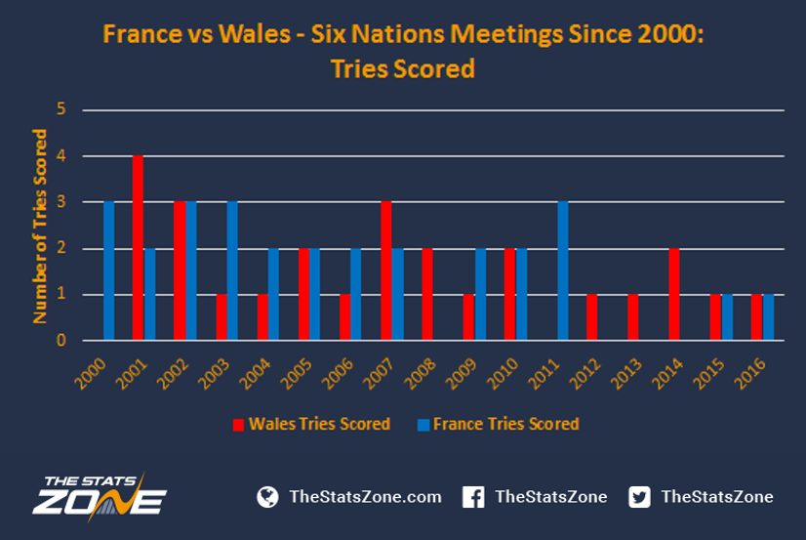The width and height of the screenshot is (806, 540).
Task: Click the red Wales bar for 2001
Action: coord(138,248)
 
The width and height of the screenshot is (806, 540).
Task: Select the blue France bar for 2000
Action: coord(109,271)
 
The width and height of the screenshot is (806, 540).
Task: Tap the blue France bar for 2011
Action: coord(563,271)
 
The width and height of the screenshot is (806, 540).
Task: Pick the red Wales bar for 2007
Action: coord(386,271)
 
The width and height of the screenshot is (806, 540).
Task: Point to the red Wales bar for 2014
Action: coord(674,294)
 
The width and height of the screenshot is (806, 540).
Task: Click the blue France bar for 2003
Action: coord(232,271)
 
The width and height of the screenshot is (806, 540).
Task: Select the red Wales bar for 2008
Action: coord(427,294)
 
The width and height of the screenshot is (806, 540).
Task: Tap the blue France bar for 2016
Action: coord(769,317)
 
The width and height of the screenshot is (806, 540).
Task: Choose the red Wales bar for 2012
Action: coord(591,317)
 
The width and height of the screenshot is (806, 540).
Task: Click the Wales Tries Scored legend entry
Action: coord(311,424)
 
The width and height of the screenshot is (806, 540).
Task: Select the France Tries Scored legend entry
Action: coord(498,424)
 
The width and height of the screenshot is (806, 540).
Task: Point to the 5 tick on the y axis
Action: coord(61,109)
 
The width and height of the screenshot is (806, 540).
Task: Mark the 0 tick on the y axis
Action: coord(61,340)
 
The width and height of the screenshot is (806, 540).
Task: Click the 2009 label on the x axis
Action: coord(461,373)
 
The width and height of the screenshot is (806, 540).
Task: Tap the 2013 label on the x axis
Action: coord(625,373)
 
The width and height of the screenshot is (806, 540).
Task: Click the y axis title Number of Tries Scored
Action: coord(40,226)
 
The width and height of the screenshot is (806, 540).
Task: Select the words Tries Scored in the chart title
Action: coord(402,69)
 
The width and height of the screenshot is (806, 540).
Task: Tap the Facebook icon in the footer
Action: coord(473,497)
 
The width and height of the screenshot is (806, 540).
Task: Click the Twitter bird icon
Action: coord(639,497)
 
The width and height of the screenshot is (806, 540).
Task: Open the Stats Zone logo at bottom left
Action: coord(100,496)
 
